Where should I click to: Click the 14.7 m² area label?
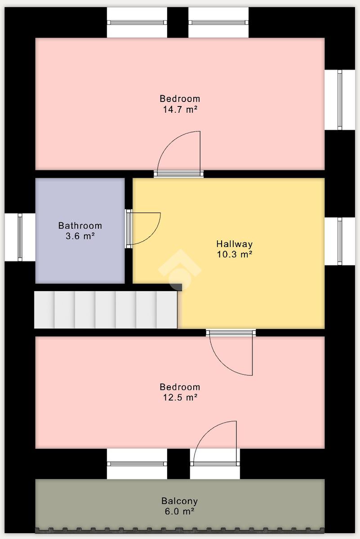[180, 110]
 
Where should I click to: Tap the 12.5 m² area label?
[180, 397]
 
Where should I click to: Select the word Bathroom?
[80, 225]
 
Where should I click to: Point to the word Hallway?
[234, 244]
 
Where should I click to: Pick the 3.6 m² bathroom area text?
[80, 236]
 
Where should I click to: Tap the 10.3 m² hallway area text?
[234, 254]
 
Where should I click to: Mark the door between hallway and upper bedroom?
[178, 155]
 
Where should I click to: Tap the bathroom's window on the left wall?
[20, 237]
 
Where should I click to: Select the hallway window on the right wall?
[339, 241]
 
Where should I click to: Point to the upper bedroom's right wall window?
[339, 100]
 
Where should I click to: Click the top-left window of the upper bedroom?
[137, 22]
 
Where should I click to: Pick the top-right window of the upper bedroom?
[218, 22]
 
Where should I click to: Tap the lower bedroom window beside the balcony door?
[137, 464]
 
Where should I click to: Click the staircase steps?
[106, 310]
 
